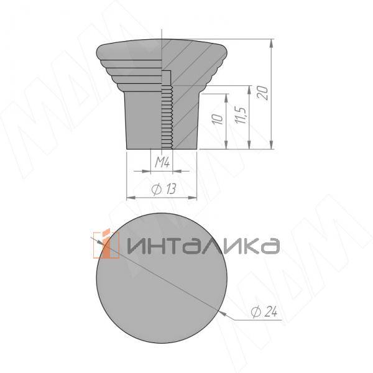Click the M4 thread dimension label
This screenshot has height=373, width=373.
(163, 163)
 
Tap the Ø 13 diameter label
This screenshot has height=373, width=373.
(162, 190)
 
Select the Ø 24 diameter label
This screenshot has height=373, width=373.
(264, 313)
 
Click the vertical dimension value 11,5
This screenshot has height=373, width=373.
(242, 116)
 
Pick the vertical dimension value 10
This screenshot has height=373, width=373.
(217, 119)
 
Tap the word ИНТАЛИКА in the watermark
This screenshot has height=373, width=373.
(202, 245)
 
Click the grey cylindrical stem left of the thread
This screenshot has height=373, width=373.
(143, 118)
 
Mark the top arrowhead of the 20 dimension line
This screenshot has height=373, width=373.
(273, 43)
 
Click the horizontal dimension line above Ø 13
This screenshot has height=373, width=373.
(162, 198)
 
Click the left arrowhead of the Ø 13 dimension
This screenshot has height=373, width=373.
(130, 198)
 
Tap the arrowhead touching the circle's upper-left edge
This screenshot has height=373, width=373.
(99, 242)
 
